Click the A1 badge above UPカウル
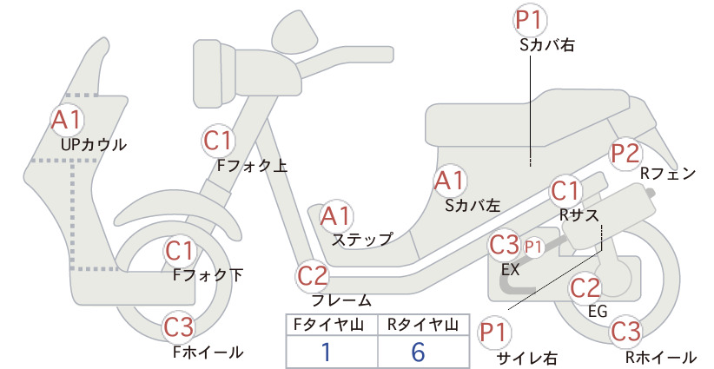[x=67, y=120]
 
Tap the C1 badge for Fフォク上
[x=218, y=141]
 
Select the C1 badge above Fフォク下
[x=180, y=251]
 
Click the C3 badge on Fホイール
[x=179, y=326]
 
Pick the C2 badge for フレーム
[x=313, y=276]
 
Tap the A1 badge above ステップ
[x=335, y=215]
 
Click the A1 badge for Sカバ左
[x=449, y=181]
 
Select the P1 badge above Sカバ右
[x=530, y=21]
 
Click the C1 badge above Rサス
[x=565, y=191]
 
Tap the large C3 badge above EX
[x=504, y=245]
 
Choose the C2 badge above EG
[x=585, y=288]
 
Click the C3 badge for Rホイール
[x=625, y=332]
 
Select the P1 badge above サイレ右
[x=494, y=333]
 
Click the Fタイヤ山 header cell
[x=332, y=325]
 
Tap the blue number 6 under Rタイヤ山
[x=418, y=352]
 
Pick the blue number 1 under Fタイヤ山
[x=325, y=352]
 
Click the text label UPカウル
[x=94, y=145]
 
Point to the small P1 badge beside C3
[x=533, y=247]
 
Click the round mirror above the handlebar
[x=294, y=28]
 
